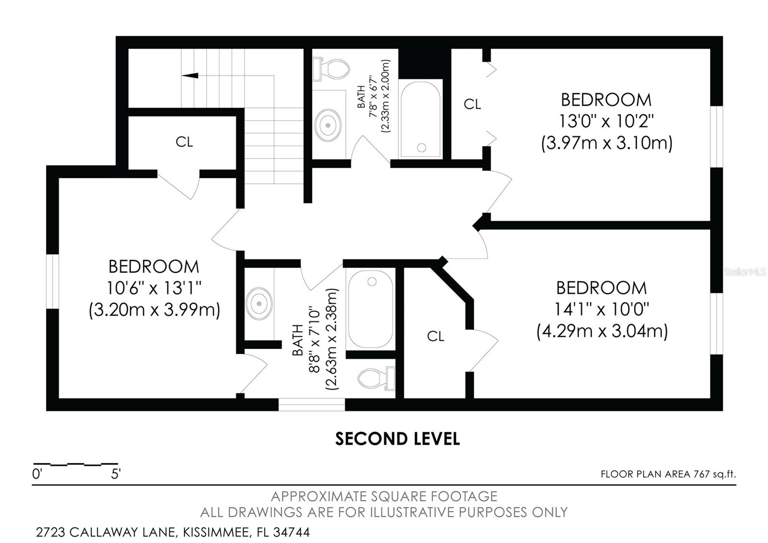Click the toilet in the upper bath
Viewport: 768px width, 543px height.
coord(331,70)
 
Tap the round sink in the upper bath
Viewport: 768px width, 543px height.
coord(328,125)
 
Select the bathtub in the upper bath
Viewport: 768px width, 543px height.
coord(420,119)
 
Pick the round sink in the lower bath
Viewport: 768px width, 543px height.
coord(259,304)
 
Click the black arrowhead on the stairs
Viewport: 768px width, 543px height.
coord(191,75)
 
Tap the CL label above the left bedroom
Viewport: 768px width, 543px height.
coord(184,142)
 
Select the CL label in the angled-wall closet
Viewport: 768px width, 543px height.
coord(436,336)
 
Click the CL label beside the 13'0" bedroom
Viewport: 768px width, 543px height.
coord(472,104)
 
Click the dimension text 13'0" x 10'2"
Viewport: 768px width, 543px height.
coord(606,121)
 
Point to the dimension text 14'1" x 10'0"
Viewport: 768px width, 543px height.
coord(601,309)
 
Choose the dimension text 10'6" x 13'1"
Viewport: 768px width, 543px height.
coord(154,288)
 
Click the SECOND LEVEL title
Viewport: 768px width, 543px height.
coord(397,438)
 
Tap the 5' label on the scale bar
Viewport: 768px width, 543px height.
coord(116,475)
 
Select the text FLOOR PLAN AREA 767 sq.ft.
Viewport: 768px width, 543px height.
coord(668,474)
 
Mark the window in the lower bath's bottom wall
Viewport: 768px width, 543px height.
coord(312,405)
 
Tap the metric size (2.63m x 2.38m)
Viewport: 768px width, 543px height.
coord(332,339)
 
